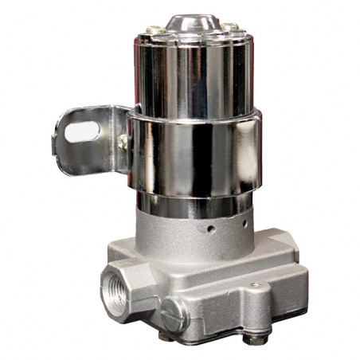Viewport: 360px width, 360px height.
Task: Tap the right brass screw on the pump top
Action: click(229, 28)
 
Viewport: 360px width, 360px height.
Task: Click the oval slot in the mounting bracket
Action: click(82, 131)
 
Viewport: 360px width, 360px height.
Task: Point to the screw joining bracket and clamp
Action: click(123, 143)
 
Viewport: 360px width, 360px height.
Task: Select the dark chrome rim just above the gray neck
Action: click(191, 205)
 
